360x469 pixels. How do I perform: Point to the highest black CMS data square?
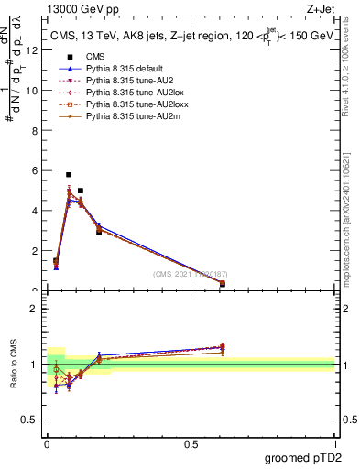(x=69, y=174)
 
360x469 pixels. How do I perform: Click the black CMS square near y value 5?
(x=81, y=191)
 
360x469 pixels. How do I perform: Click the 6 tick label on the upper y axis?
(x=35, y=170)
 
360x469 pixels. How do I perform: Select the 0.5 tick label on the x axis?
(x=191, y=444)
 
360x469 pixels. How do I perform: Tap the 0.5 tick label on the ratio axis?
(x=32, y=421)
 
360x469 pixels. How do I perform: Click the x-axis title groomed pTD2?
(x=302, y=457)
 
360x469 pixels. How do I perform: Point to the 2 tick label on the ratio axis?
(x=35, y=308)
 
